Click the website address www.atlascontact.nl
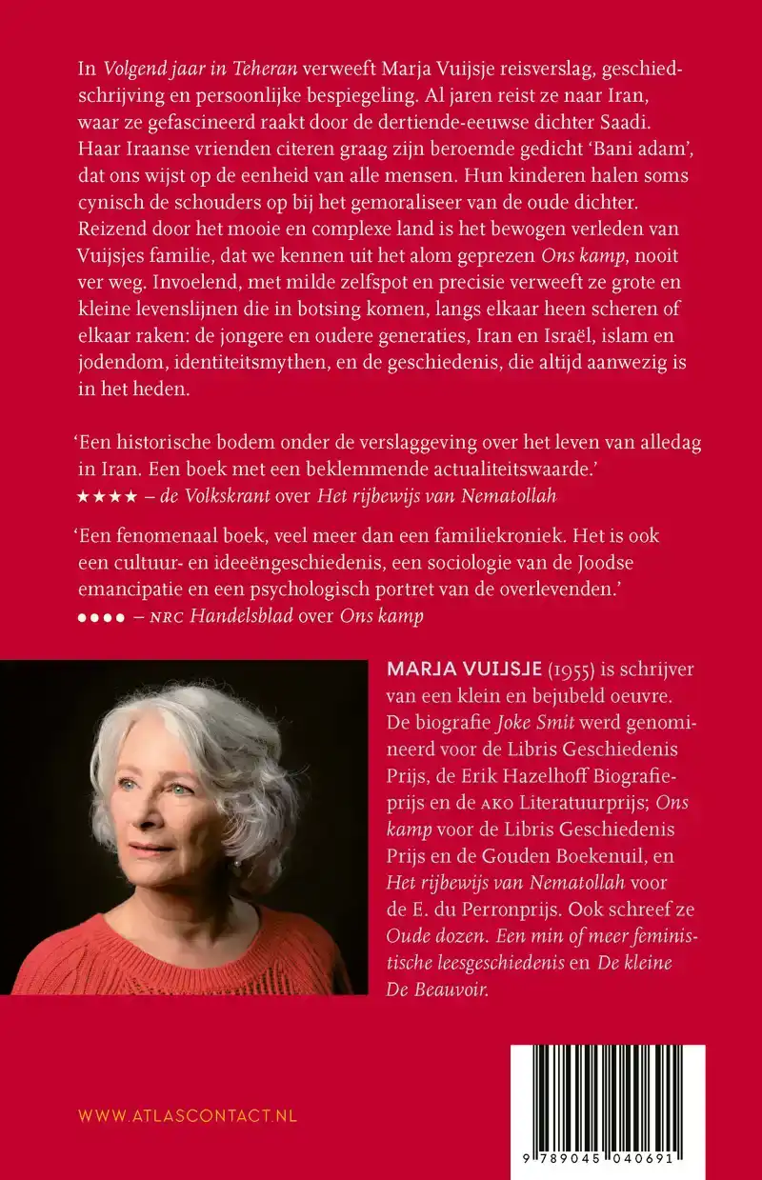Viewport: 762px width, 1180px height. point(187,1115)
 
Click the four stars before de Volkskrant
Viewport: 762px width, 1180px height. point(98,496)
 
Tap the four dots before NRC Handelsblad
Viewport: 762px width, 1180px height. point(100,616)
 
